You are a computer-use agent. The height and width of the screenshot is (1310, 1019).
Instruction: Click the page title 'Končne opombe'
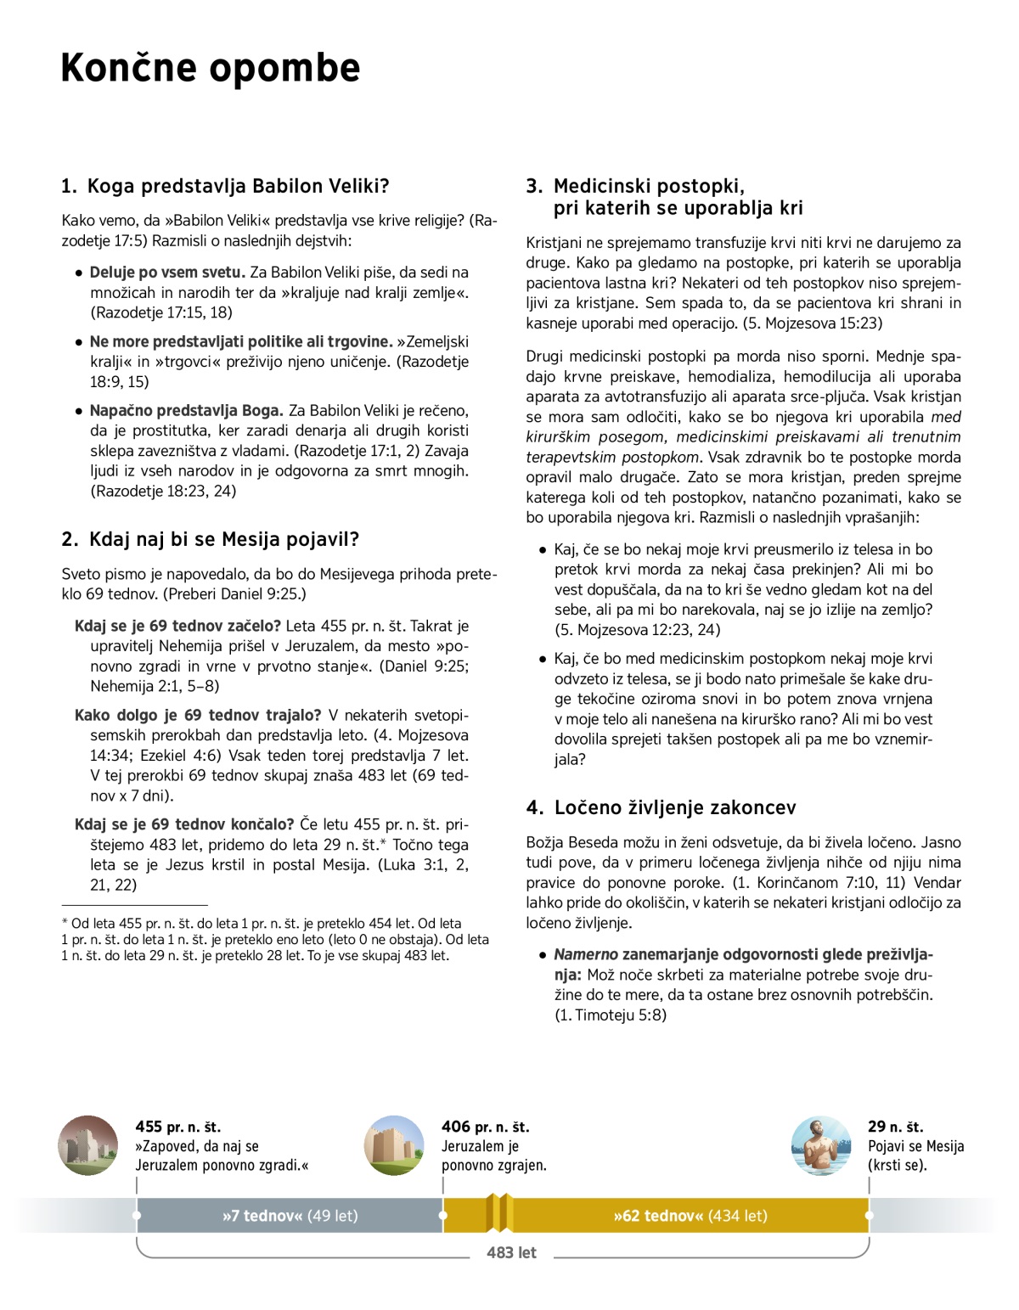(x=211, y=68)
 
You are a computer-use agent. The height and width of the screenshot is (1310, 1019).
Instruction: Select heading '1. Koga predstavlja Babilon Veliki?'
(x=225, y=186)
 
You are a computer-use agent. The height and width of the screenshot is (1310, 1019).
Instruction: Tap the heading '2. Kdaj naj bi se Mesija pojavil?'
(x=211, y=539)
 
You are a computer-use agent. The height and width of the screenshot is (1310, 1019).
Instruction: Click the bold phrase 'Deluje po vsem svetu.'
(x=167, y=273)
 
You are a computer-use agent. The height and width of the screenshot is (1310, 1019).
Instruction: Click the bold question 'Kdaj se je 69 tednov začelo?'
(x=178, y=627)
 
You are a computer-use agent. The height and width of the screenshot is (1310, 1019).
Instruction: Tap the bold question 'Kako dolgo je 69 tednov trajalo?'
(x=198, y=715)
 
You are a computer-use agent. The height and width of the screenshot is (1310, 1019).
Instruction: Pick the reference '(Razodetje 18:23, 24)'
(x=163, y=491)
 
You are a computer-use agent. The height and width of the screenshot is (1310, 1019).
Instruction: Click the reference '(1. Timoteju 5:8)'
(x=610, y=1015)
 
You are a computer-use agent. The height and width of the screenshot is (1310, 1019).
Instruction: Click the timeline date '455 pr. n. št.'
(x=177, y=1127)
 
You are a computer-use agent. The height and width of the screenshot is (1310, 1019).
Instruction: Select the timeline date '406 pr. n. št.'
(x=485, y=1127)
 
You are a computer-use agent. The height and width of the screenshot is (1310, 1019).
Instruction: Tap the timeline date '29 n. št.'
(x=895, y=1127)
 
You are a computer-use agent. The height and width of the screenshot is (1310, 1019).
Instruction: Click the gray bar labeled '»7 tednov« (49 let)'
(x=290, y=1216)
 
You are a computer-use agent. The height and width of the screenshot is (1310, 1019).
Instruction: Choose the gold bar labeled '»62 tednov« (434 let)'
(x=690, y=1216)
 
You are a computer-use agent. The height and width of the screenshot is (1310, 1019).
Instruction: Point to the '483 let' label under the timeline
(x=511, y=1252)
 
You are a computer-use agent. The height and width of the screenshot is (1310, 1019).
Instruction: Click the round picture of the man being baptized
(x=820, y=1145)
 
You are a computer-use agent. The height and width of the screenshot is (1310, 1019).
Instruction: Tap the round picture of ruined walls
(x=88, y=1145)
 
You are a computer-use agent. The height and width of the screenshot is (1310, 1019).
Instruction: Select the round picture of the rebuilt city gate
(x=394, y=1145)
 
